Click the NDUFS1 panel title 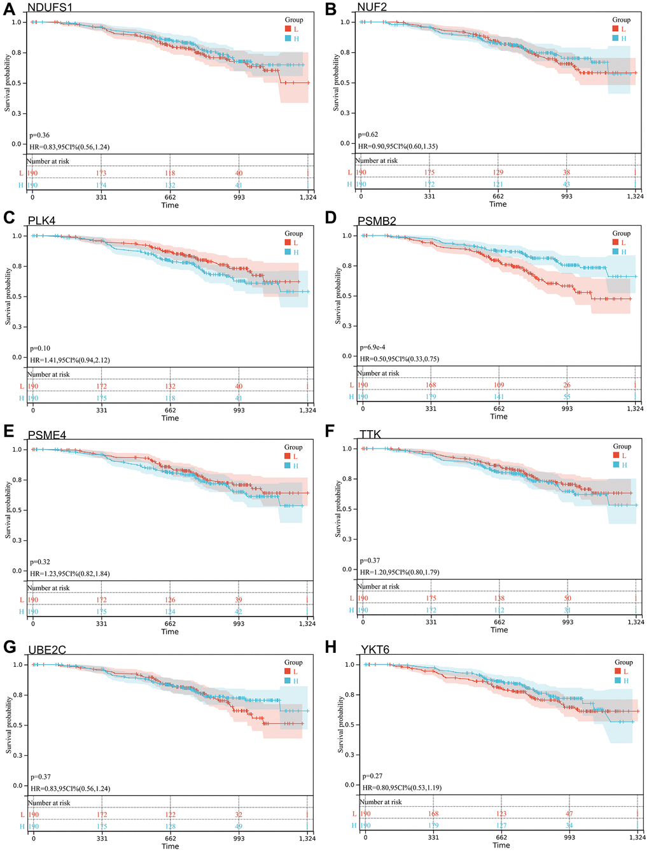coord(54,8)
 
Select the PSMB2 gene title coord(377,221)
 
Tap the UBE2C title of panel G coord(47,650)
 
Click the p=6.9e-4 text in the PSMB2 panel coord(373,347)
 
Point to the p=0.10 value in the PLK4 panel coord(40,349)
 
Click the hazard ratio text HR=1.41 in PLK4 coord(70,360)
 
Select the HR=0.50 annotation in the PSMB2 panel coord(400,359)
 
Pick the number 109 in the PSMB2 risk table coord(499,385)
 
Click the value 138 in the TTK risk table coord(499,598)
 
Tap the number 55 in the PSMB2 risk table coord(567,396)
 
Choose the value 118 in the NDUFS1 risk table coord(170,173)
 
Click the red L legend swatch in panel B coord(615,29)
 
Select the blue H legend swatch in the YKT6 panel coord(617,681)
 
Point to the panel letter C coord(9,218)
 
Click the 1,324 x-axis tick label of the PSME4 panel coord(307,624)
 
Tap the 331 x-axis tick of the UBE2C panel coord(102,839)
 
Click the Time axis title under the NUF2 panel coord(498,204)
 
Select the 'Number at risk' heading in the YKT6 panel coord(380,802)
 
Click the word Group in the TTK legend coord(622,447)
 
